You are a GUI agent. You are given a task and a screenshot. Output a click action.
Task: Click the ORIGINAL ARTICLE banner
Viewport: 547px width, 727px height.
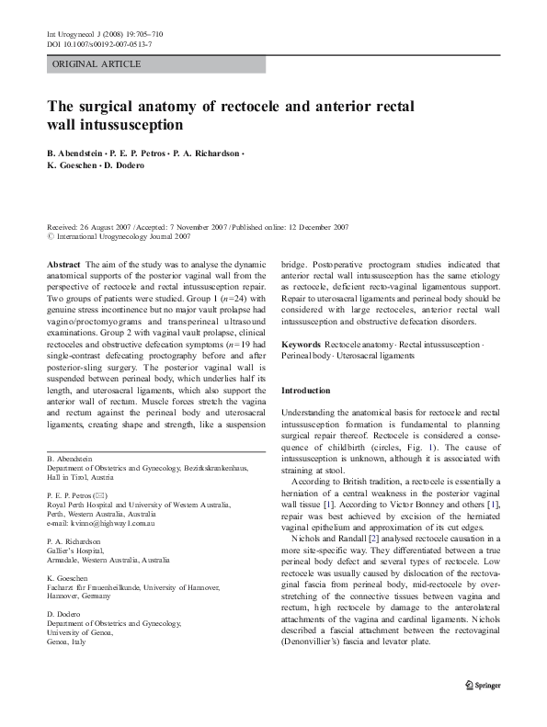[x=97, y=64]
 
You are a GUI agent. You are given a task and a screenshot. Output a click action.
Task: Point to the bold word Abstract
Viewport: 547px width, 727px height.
[x=63, y=263]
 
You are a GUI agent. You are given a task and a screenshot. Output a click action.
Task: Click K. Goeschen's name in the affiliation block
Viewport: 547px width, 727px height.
[x=70, y=576]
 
